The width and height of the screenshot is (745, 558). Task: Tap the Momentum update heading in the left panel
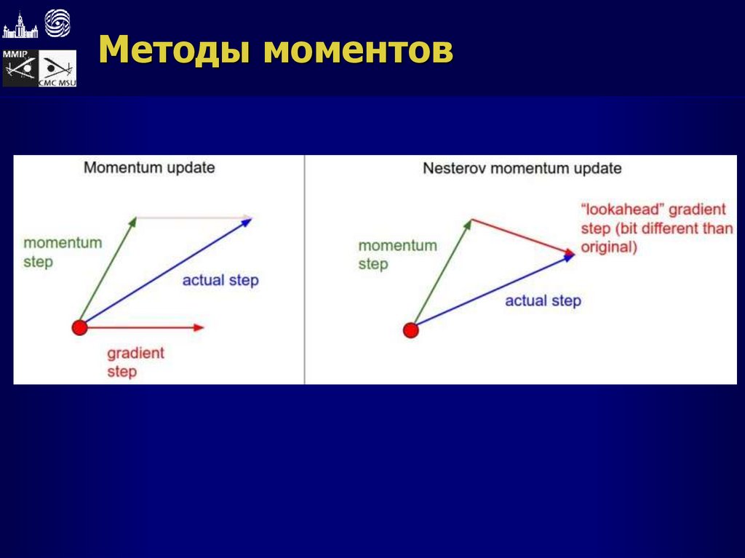click(x=149, y=168)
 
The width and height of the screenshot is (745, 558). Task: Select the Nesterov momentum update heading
click(x=522, y=169)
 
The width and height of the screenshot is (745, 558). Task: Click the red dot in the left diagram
click(x=79, y=327)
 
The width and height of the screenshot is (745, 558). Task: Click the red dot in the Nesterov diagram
click(x=411, y=331)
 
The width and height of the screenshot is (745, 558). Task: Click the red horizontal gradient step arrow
click(x=146, y=328)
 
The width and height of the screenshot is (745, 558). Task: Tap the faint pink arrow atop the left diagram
click(x=194, y=218)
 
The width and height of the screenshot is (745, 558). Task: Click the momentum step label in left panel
click(x=62, y=252)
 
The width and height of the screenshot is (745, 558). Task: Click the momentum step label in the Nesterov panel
click(x=397, y=255)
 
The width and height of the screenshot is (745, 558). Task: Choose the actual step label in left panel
click(x=220, y=280)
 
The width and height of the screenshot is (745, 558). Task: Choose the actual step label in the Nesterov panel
click(x=543, y=300)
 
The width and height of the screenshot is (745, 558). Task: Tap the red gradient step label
click(x=135, y=362)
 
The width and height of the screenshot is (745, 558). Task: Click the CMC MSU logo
click(x=57, y=69)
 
